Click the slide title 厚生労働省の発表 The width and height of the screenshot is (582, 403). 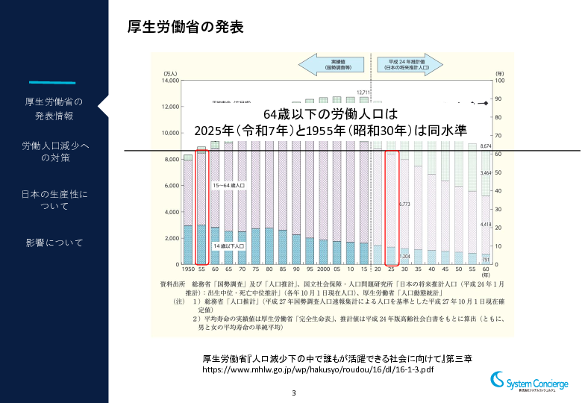point(187,28)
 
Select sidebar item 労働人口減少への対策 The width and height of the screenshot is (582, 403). point(54,151)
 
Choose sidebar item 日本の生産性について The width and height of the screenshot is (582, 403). point(54,199)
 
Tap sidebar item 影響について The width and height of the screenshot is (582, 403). point(54,243)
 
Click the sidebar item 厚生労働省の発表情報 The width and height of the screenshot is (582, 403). point(54,108)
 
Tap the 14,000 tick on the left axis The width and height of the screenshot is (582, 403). point(170,80)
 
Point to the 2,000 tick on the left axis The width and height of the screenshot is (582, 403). point(172,238)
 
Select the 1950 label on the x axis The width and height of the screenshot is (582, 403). point(187,270)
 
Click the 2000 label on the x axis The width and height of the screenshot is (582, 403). point(322,270)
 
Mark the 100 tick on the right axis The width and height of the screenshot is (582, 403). point(500,80)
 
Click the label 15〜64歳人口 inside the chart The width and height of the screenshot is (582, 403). point(228,184)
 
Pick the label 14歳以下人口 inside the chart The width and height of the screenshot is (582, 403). point(227,246)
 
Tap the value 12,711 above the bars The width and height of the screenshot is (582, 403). point(363,93)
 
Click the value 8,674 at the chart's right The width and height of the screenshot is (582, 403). point(486,146)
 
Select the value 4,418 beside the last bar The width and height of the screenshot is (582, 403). point(485,224)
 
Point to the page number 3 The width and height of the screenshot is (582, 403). point(294,393)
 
